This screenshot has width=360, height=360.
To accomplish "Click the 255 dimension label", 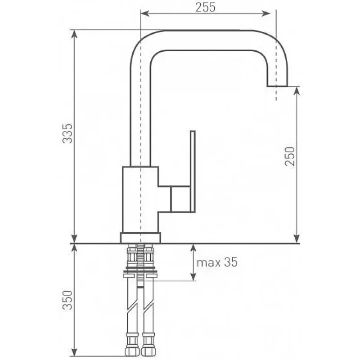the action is pos(206,7).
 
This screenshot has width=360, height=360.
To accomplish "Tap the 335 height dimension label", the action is pos(67,133).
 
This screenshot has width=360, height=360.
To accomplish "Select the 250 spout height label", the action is pos(289,156).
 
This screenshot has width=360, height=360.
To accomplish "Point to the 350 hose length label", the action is pos(67,300).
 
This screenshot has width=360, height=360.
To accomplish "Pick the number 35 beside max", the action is pos(230,262).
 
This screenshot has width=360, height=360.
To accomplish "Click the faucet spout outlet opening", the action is pos(277,86).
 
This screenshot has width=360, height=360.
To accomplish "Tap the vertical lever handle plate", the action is pos(193,171).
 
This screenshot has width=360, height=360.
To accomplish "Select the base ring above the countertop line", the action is pos(140,238).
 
